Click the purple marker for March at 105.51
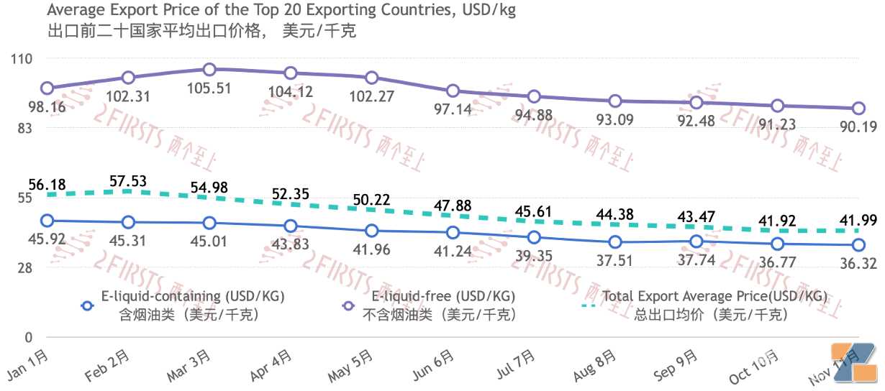(x=209, y=70)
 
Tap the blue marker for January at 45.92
(x=47, y=221)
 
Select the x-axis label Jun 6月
(x=433, y=365)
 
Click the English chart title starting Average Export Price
(x=281, y=11)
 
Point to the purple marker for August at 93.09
(x=615, y=101)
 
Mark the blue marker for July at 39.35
(x=534, y=237)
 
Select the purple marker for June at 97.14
(x=453, y=91)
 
